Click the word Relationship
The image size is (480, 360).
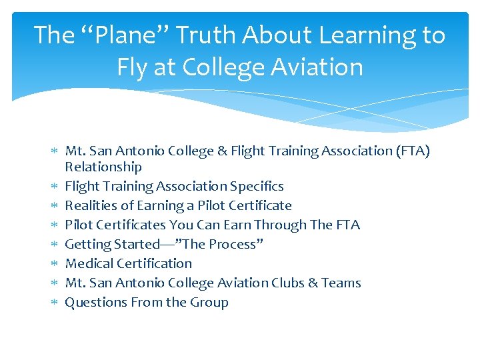103,167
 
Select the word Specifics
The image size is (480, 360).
257,186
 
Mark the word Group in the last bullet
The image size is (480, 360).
209,302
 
